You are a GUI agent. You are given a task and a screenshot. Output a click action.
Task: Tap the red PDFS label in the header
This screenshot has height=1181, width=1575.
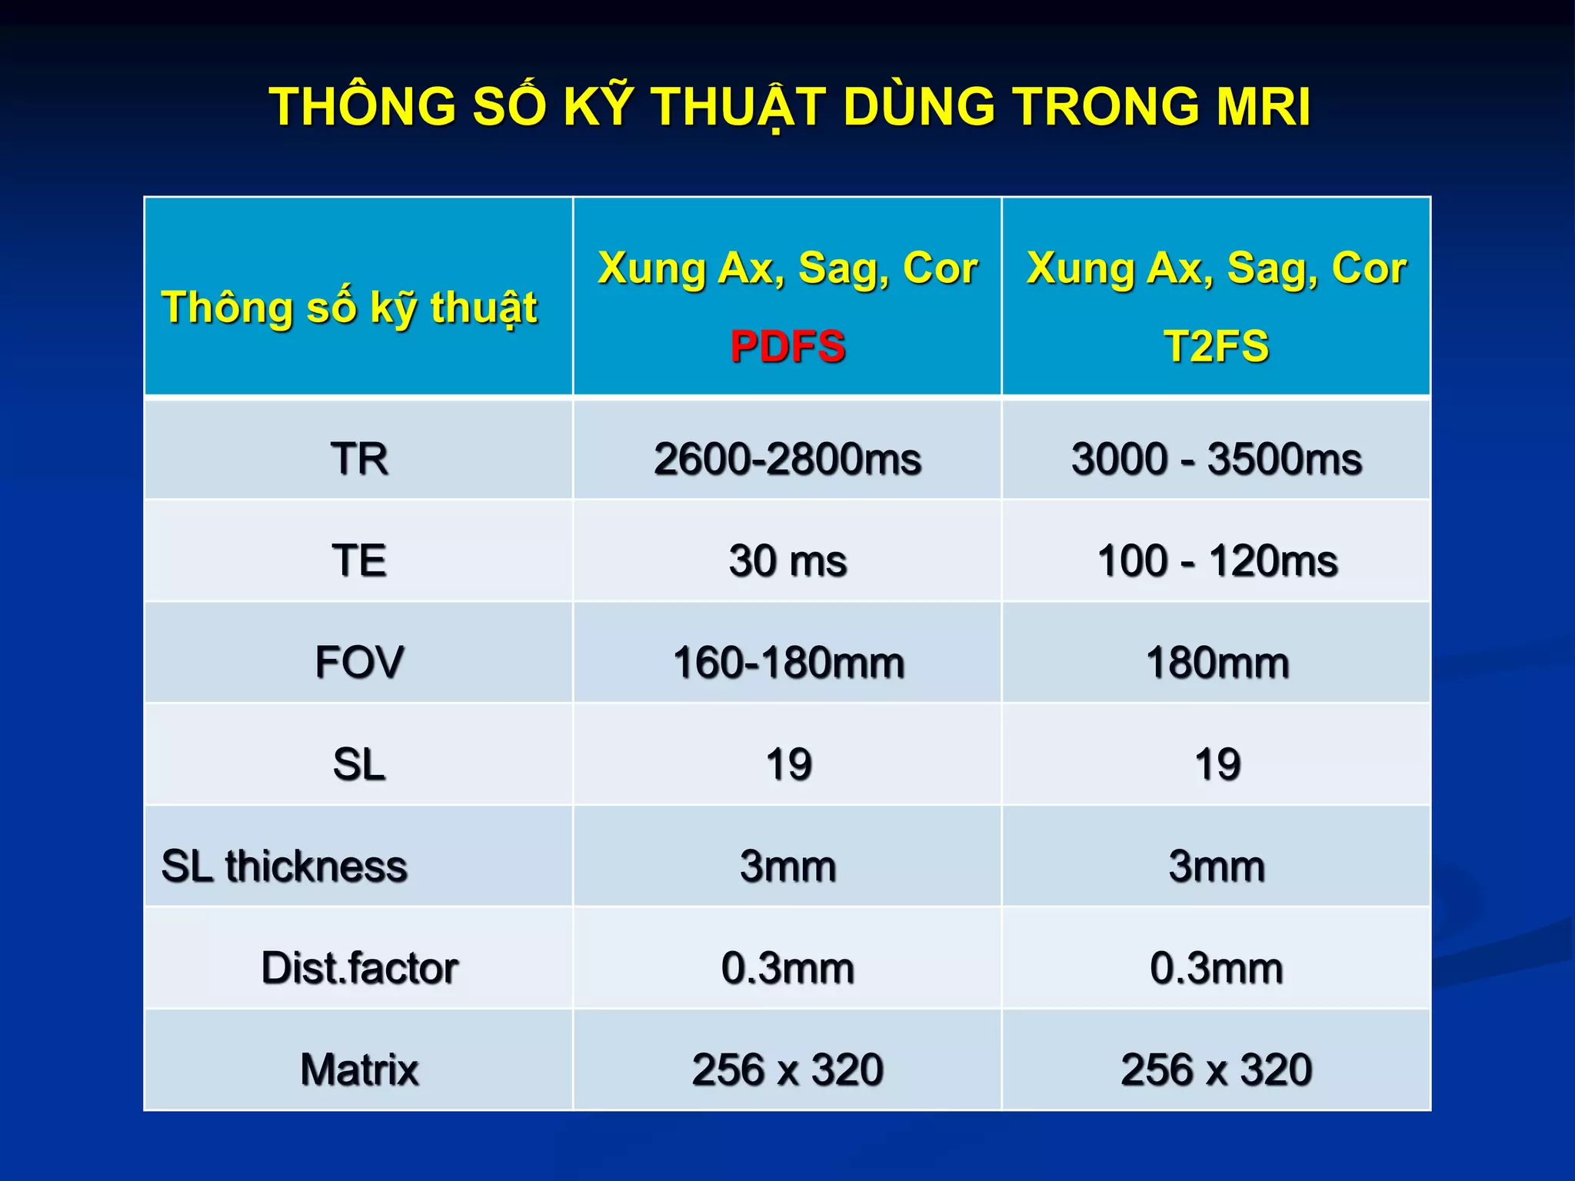coord(787,346)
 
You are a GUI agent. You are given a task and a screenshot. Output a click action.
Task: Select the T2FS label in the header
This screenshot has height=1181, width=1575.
coord(1216,346)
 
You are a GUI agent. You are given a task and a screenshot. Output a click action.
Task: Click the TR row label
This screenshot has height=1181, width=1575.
coord(359,459)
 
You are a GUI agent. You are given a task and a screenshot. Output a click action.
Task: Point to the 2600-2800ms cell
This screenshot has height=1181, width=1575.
coord(787,459)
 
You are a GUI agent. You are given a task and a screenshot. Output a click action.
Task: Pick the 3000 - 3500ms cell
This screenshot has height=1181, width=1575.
coord(1216,459)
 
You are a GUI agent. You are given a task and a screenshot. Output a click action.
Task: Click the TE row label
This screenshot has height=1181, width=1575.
coord(359,560)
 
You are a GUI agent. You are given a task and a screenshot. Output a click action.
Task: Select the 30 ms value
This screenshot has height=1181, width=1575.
coord(787,561)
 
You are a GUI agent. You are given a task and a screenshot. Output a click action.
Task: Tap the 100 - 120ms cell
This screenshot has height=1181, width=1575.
coord(1217,561)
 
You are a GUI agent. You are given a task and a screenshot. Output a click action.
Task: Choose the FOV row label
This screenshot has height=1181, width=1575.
coord(359,662)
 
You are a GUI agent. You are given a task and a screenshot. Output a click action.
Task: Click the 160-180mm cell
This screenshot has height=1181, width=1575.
coord(787,663)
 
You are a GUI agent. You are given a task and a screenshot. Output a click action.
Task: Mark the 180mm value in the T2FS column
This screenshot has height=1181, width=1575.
coord(1217,663)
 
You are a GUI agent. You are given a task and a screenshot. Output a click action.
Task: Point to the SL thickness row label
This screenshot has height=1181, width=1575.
coord(284,866)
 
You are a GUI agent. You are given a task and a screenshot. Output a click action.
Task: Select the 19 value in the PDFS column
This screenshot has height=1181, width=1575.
coord(788,764)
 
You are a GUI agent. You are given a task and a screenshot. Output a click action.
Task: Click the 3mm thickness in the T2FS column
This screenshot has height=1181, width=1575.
coord(1217,866)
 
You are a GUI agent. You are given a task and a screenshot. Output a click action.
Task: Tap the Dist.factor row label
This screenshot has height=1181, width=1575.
coord(359,967)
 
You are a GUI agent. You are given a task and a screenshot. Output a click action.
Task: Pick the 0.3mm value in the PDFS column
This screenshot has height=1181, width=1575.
coord(787,968)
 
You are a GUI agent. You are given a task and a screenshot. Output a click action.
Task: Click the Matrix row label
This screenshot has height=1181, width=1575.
coord(359,1070)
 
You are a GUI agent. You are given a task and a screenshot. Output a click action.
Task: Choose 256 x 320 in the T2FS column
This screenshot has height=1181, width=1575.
coord(1216,1070)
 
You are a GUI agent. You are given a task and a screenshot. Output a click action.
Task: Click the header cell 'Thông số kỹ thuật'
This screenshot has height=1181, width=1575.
coord(349,308)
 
